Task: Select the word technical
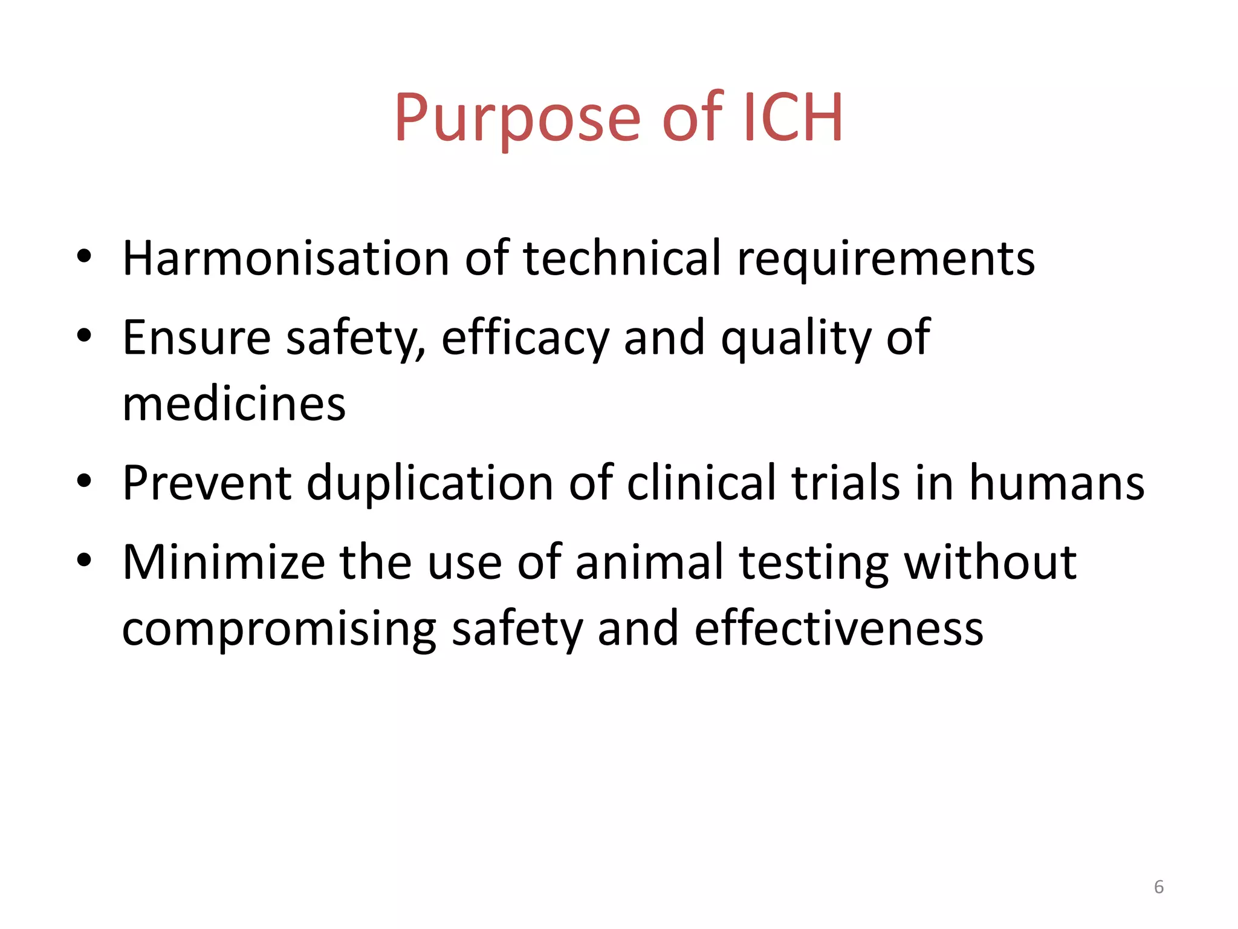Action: (x=623, y=258)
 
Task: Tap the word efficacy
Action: (x=525, y=339)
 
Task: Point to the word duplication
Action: (x=430, y=484)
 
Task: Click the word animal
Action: (x=650, y=562)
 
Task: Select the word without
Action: (x=990, y=562)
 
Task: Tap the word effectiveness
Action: (x=839, y=629)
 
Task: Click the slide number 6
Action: (x=1159, y=887)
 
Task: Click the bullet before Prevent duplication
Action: (x=84, y=481)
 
